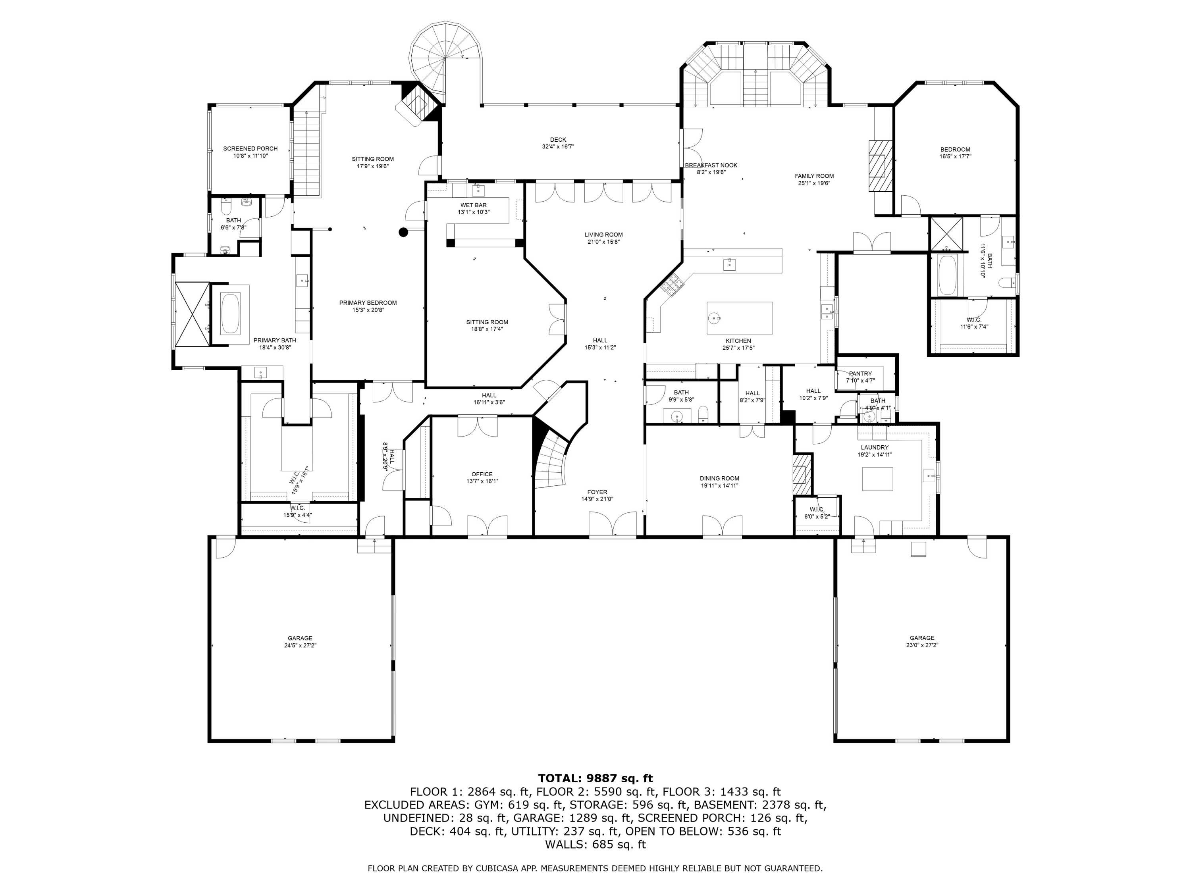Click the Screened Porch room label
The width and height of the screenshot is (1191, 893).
pyautogui.click(x=251, y=148)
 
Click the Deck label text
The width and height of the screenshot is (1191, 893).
pyautogui.click(x=558, y=140)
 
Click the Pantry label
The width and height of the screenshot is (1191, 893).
pyautogui.click(x=860, y=373)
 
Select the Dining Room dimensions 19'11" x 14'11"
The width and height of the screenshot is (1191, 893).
pyautogui.click(x=719, y=485)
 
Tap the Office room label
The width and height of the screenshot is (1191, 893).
pyautogui.click(x=482, y=474)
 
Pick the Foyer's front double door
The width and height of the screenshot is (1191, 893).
pyautogui.click(x=612, y=525)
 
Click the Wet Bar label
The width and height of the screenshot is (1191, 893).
pyautogui.click(x=473, y=205)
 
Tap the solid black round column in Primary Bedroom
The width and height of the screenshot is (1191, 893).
pyautogui.click(x=403, y=233)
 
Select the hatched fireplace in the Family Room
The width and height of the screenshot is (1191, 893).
pyautogui.click(x=879, y=166)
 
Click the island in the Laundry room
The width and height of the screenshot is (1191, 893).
pyautogui.click(x=877, y=479)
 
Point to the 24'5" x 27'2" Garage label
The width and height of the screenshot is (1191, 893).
pyautogui.click(x=300, y=642)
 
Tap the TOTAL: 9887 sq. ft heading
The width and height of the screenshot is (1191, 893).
pyautogui.click(x=595, y=778)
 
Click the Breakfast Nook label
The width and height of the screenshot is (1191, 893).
pyautogui.click(x=711, y=165)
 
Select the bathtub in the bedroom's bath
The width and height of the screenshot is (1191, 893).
pyautogui.click(x=947, y=275)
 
